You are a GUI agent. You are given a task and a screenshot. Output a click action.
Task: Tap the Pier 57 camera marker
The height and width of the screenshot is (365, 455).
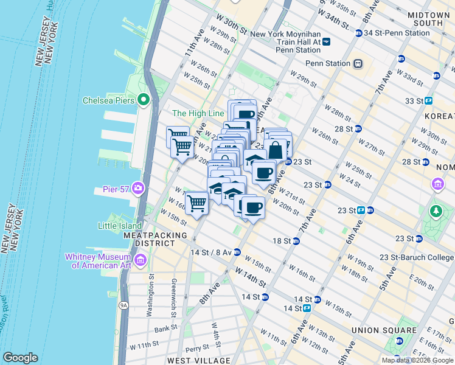tap(137, 188)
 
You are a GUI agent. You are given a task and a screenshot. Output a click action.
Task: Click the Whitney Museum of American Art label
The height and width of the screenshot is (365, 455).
tap(98, 260)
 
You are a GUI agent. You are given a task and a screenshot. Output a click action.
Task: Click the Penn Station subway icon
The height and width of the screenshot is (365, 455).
tap(358, 63)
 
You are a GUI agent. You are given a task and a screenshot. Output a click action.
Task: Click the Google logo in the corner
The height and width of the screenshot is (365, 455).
tap(20, 358)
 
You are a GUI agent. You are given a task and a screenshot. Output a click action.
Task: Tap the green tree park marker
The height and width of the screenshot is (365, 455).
tap(436, 212)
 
